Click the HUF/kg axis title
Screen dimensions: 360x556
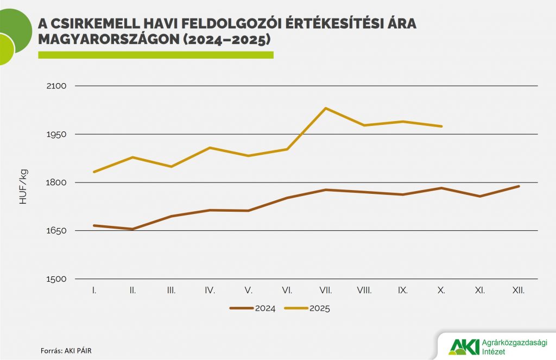coord(23,187)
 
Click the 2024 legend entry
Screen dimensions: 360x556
coord(252,308)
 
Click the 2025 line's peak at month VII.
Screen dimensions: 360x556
coord(326,108)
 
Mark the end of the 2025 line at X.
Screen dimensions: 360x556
coord(442,127)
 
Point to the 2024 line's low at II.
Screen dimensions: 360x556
coord(132,229)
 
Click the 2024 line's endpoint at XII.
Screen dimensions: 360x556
coord(519,186)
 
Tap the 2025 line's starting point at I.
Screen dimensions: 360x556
coord(94,172)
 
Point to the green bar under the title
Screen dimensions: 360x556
coord(155,55)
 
